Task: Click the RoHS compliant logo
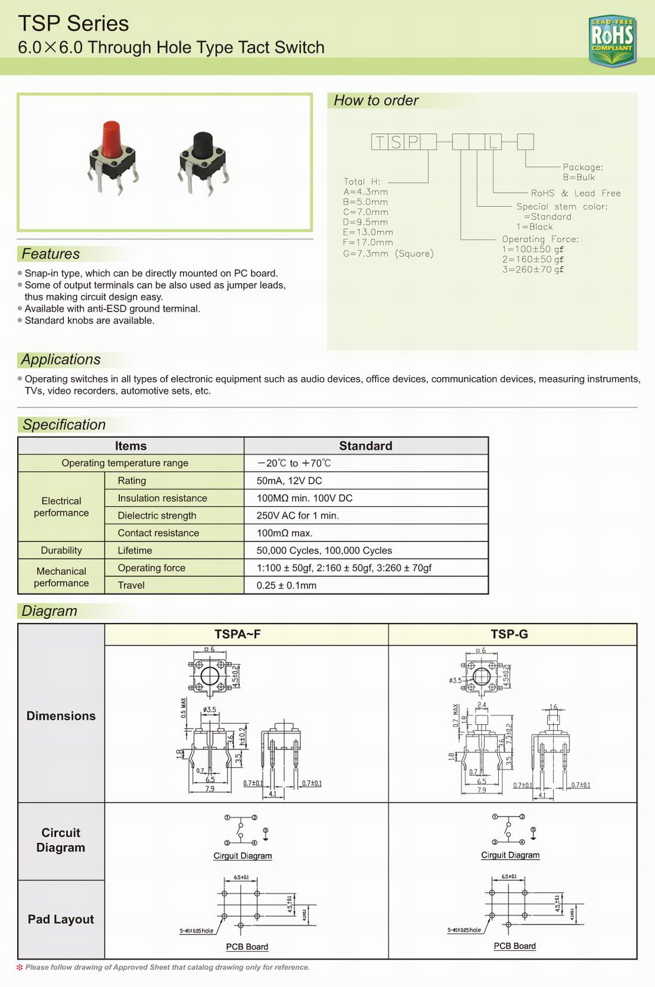pyautogui.click(x=612, y=40)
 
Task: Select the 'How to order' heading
pyautogui.click(x=376, y=101)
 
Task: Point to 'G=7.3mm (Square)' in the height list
pyautogui.click(x=388, y=254)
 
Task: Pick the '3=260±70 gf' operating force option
pyautogui.click(x=532, y=269)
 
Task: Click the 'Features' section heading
pyautogui.click(x=51, y=254)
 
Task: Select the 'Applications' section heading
pyautogui.click(x=61, y=360)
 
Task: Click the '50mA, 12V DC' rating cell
pyautogui.click(x=289, y=481)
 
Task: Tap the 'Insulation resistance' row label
pyautogui.click(x=162, y=498)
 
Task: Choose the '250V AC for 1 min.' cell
pyautogui.click(x=297, y=515)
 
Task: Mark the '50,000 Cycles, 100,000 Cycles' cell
pyautogui.click(x=324, y=550)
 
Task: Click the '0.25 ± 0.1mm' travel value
pyautogui.click(x=286, y=586)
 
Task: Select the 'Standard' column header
pyautogui.click(x=365, y=446)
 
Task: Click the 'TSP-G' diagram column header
pyautogui.click(x=509, y=634)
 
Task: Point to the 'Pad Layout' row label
pyautogui.click(x=61, y=919)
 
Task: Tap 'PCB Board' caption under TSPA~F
pyautogui.click(x=247, y=946)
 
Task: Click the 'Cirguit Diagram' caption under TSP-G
pyautogui.click(x=510, y=855)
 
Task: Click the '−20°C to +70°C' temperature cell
pyautogui.click(x=294, y=463)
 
